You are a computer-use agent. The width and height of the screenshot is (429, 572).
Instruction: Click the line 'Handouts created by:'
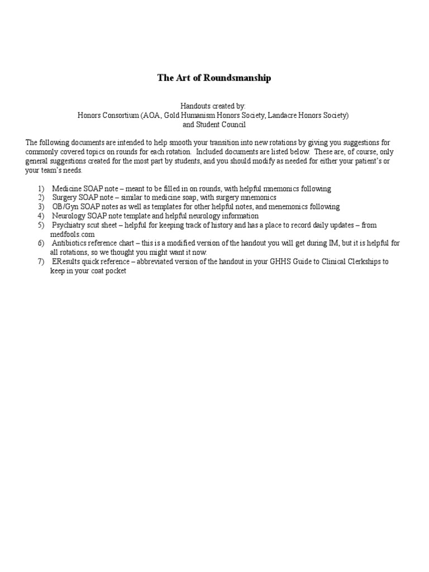coord(213,106)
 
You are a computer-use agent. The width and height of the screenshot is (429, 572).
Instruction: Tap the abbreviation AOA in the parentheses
coord(142,115)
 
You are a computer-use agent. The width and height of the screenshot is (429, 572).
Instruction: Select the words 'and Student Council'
coord(214,125)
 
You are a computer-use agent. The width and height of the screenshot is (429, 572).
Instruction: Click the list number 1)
coord(41,189)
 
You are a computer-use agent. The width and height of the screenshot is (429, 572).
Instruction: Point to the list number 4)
coord(41,216)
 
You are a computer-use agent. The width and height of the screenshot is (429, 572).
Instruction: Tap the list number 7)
coord(41,261)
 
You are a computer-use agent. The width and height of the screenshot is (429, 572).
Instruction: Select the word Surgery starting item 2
coord(65,198)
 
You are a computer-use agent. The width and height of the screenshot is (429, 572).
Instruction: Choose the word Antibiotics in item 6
coord(70,244)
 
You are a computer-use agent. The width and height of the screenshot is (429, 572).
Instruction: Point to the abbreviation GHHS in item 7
coord(279,261)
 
